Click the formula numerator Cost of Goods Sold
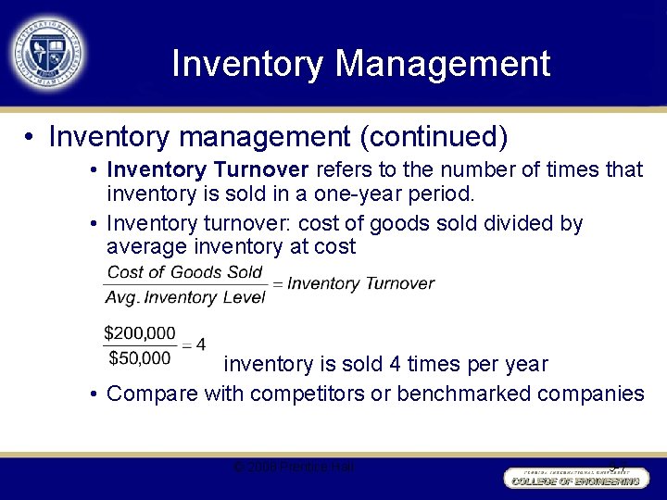click(x=185, y=272)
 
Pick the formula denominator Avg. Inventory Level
click(x=185, y=297)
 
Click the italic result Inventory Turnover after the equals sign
click(x=360, y=283)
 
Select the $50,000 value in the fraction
click(x=140, y=357)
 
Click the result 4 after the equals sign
click(x=201, y=344)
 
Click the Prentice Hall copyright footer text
click(x=294, y=467)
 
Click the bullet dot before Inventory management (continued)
click(x=31, y=138)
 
